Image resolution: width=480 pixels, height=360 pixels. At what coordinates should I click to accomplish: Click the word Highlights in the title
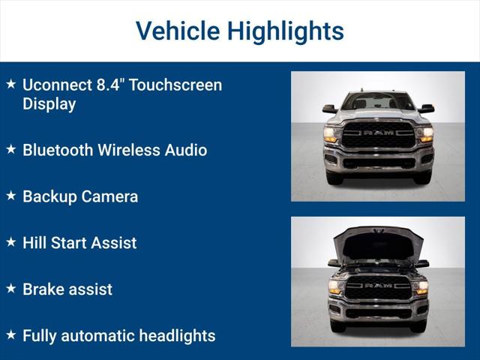(286, 31)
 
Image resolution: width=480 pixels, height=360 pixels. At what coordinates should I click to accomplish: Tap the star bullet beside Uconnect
(10, 85)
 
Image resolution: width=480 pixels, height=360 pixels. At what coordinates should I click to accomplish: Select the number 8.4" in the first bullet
(108, 85)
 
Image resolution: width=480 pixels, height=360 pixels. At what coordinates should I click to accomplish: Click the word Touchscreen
(175, 85)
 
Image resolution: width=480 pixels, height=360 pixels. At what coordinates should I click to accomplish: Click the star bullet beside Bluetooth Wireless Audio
(10, 149)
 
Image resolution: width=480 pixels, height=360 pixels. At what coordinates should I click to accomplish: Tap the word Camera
(109, 196)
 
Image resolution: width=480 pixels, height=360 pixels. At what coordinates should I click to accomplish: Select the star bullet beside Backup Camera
(10, 196)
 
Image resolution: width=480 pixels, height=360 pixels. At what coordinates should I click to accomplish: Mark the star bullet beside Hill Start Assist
(10, 242)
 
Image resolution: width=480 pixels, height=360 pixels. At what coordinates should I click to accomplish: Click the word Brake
(44, 289)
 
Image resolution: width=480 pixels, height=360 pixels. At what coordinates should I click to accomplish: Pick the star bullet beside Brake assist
(10, 289)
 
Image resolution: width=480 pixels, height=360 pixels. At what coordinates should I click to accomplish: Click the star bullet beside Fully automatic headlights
(10, 335)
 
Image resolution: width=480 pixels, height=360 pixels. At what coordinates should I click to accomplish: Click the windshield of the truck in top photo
(378, 102)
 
